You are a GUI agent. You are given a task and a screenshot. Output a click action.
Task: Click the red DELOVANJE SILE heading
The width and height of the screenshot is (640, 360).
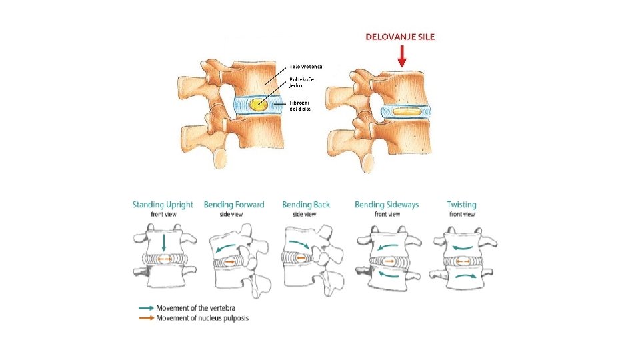point(400,37)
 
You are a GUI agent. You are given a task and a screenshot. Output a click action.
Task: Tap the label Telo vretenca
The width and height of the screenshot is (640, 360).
point(305,67)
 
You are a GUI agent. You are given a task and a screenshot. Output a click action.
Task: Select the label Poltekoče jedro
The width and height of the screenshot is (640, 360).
point(302,83)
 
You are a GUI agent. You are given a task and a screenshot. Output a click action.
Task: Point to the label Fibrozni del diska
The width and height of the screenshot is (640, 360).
point(301,105)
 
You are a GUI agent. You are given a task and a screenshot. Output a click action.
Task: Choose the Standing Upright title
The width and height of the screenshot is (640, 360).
point(163,205)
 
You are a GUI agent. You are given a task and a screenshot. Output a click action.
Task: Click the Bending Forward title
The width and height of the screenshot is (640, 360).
point(234,205)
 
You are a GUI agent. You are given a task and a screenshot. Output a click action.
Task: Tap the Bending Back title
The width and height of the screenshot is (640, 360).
point(305,205)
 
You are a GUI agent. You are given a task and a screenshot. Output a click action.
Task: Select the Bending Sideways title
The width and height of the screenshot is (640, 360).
point(387,205)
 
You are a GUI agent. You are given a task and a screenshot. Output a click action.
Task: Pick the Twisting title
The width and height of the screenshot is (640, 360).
point(461,205)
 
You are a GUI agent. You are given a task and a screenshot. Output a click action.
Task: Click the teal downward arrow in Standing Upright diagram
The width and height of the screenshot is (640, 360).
point(164,241)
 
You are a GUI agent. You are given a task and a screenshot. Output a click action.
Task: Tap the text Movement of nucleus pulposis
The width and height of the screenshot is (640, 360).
point(201,317)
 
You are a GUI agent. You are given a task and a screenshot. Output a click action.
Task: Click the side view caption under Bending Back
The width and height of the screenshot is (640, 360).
point(305,214)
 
